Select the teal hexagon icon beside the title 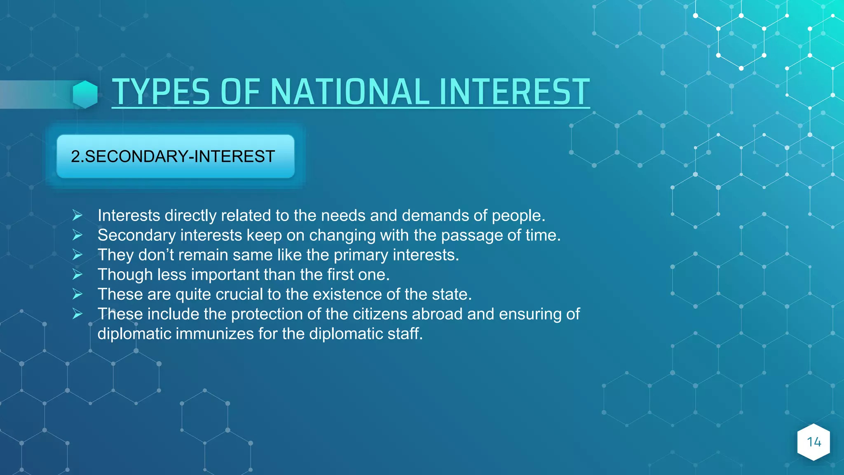click(x=85, y=94)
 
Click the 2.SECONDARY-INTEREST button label click(x=173, y=157)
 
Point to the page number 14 click(x=814, y=442)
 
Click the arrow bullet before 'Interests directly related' click(x=77, y=215)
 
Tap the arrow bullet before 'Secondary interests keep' click(x=77, y=235)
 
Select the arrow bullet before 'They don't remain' click(x=77, y=255)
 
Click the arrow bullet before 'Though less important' click(x=77, y=274)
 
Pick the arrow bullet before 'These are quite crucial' click(x=77, y=294)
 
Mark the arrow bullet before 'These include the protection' click(x=77, y=314)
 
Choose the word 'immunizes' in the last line click(x=214, y=334)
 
